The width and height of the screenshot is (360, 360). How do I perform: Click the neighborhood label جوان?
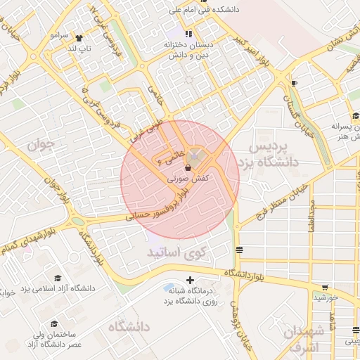click(40, 146)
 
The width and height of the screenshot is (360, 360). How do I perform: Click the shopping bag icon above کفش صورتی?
click(188, 168)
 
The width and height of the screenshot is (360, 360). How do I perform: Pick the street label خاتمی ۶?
click(172, 156)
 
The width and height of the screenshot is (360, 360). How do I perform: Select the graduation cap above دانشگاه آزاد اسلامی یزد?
click(58, 278)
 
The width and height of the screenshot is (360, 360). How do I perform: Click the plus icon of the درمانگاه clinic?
click(190, 280)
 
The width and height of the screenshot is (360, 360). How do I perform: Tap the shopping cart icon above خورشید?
click(325, 287)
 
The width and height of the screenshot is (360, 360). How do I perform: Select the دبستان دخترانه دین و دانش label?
click(188, 49)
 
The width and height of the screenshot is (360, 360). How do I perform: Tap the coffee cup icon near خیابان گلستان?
click(294, 84)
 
